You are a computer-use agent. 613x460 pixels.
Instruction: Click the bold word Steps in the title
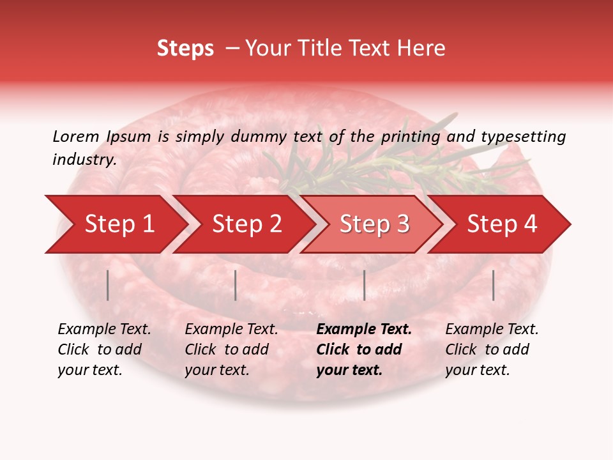[185, 49]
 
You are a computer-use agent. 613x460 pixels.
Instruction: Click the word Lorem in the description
[76, 136]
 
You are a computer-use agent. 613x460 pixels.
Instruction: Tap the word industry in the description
[84, 160]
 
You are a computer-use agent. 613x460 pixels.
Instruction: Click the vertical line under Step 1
[108, 285]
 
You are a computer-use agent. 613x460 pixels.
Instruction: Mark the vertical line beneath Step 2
[236, 285]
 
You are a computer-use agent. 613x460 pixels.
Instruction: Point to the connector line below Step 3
[364, 285]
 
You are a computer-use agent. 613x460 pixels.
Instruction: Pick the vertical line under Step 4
[493, 285]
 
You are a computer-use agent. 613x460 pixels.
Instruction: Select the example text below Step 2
[231, 349]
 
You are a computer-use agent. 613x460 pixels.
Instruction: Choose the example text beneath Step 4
[491, 349]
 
